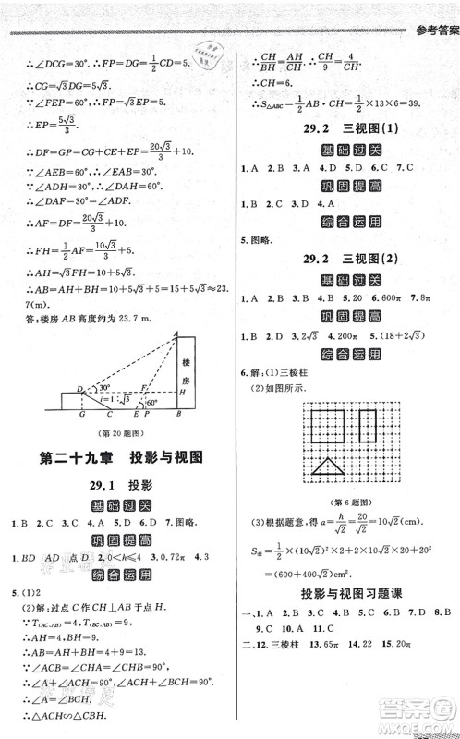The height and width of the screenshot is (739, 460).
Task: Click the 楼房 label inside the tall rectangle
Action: (186, 361)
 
